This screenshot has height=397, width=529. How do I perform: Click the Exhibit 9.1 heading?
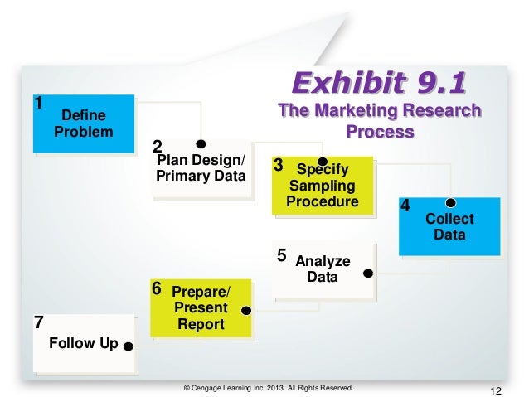pos(376,83)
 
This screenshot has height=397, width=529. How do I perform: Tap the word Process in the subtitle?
pos(381,132)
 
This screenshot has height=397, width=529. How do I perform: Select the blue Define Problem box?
pos(83,123)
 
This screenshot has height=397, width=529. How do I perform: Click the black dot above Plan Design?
pos(200,143)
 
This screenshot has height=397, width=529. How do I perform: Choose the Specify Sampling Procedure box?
pos(322,186)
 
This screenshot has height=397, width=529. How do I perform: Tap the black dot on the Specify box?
pos(323,162)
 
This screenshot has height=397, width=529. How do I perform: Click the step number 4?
pos(405,205)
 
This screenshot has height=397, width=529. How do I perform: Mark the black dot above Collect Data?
pos(451,201)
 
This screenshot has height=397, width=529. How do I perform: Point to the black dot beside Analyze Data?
pos(368,272)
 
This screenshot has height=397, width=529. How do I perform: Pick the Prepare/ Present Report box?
pos(200,307)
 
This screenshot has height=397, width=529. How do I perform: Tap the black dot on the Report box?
pos(245,310)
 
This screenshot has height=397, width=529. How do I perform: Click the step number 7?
pos(37,323)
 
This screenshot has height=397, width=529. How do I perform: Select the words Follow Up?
pos(83,343)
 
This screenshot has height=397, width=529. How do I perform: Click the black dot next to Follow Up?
pos(128,347)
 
